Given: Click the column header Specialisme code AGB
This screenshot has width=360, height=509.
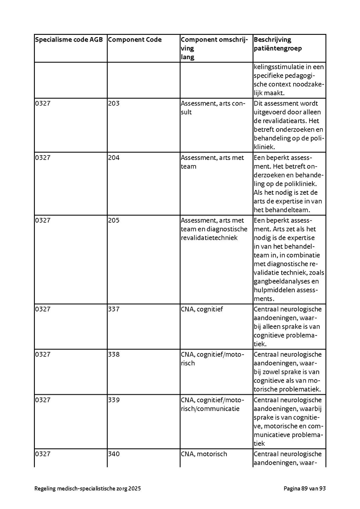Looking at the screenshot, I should click(x=69, y=40).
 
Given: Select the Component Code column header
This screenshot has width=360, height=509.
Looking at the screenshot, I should click(x=135, y=40).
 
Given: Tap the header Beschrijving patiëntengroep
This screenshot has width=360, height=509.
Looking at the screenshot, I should click(x=278, y=44).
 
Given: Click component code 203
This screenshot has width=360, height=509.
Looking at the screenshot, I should click(x=114, y=103).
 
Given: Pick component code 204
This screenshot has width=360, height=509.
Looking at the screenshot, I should click(x=114, y=158).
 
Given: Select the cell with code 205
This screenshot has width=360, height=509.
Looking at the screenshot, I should click(x=114, y=220).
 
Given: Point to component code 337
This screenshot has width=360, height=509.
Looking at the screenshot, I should click(x=114, y=309).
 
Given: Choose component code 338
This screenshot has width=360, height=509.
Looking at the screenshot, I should click(x=114, y=354).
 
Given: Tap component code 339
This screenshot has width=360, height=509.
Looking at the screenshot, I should click(x=114, y=400).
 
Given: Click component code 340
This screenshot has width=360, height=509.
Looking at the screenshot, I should click(x=114, y=454).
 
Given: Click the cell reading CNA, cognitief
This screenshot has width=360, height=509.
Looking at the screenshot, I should click(x=202, y=309).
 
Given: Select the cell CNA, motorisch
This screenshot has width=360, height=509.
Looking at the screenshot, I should click(x=204, y=454).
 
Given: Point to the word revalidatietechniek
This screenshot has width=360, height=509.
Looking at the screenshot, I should click(x=209, y=238).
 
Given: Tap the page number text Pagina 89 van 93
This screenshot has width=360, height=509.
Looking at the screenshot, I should click(x=305, y=489).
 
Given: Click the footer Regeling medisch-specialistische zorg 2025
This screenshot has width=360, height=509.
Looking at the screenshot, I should click(x=88, y=489).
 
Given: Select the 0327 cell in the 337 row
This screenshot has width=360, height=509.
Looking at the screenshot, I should click(x=43, y=309).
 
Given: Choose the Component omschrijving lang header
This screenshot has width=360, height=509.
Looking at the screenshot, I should click(x=214, y=48).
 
